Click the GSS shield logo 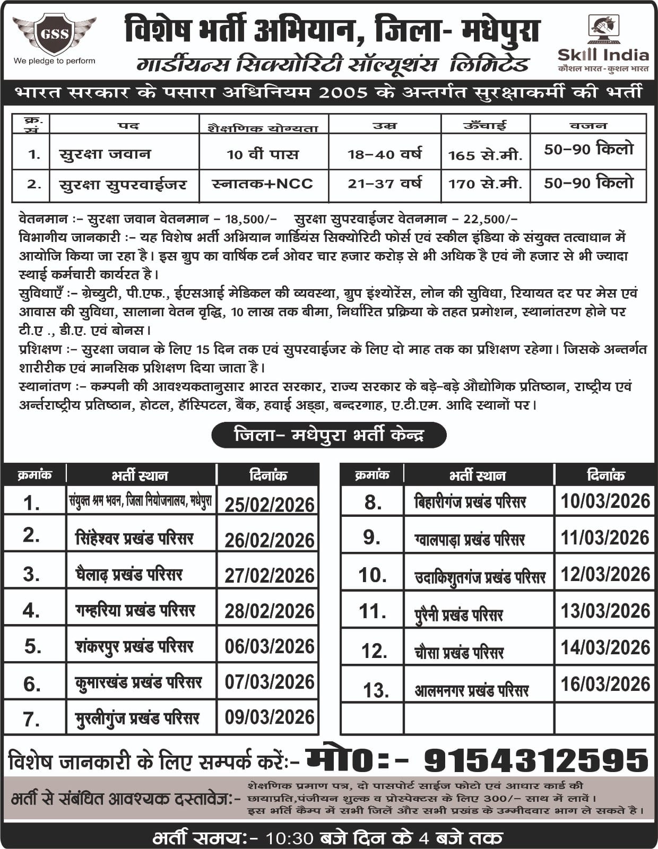(54, 34)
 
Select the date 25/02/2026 (269, 504)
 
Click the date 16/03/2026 (605, 684)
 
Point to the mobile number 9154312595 (536, 760)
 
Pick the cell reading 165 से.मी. (485, 155)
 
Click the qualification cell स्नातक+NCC (263, 184)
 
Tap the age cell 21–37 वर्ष (385, 184)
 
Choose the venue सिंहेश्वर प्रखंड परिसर (134, 539)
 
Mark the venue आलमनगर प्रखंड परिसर (471, 690)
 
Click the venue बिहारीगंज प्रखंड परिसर (470, 501)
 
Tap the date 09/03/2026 (269, 717)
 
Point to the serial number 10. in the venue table (372, 575)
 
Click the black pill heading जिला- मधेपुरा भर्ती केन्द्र (328, 435)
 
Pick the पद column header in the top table (128, 126)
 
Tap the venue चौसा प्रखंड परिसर (458, 652)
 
